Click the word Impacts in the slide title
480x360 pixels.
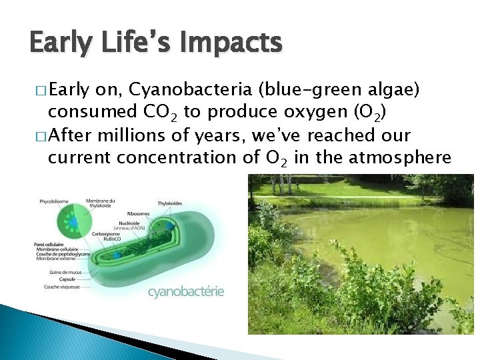227,44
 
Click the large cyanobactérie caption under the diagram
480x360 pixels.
185,291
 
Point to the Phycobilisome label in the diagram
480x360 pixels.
53,201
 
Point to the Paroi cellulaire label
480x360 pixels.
48,245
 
